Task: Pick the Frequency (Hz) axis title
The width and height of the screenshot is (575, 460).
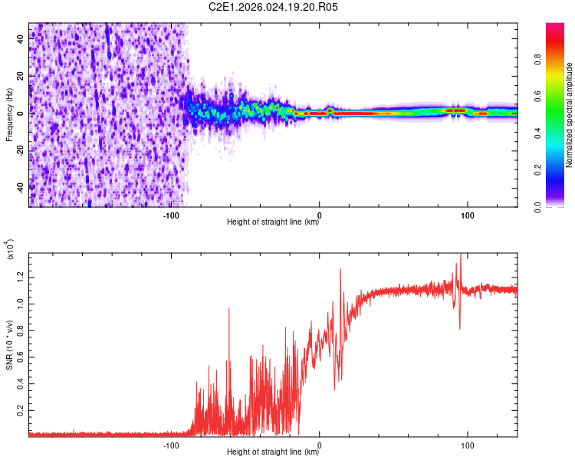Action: pyautogui.click(x=9, y=113)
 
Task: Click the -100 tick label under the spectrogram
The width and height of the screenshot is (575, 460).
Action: pyautogui.click(x=171, y=215)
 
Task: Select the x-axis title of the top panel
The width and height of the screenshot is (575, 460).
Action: pyautogui.click(x=273, y=222)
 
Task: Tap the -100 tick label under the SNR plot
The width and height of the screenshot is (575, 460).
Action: pyautogui.click(x=171, y=444)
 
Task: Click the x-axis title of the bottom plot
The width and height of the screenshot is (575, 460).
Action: pyautogui.click(x=273, y=452)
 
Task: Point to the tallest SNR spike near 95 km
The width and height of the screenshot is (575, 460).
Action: pyautogui.click(x=460, y=255)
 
